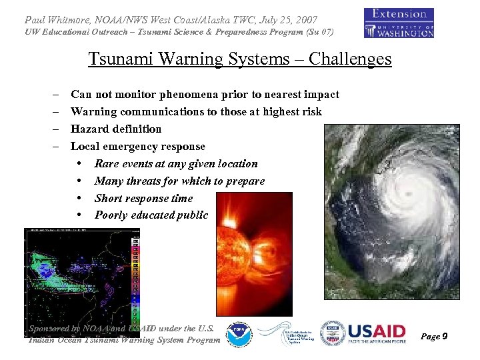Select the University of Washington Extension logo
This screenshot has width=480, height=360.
pyautogui.click(x=399, y=23)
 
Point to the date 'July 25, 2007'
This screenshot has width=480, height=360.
pyautogui.click(x=287, y=20)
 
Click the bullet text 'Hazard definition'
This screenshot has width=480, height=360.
pyautogui.click(x=116, y=129)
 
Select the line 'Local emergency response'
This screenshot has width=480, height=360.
pyautogui.click(x=137, y=146)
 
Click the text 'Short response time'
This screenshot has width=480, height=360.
pyautogui.click(x=143, y=198)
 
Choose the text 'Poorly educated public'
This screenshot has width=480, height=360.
pyautogui.click(x=151, y=215)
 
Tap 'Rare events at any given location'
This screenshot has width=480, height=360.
pyautogui.click(x=176, y=163)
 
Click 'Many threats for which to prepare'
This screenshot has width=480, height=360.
pyautogui.click(x=179, y=181)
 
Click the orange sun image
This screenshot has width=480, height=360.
pyautogui.click(x=255, y=253)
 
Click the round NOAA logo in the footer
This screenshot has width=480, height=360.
pyautogui.click(x=239, y=335)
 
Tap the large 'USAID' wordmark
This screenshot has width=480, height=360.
pyautogui.click(x=377, y=331)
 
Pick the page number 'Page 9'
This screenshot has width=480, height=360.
pyautogui.click(x=434, y=337)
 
